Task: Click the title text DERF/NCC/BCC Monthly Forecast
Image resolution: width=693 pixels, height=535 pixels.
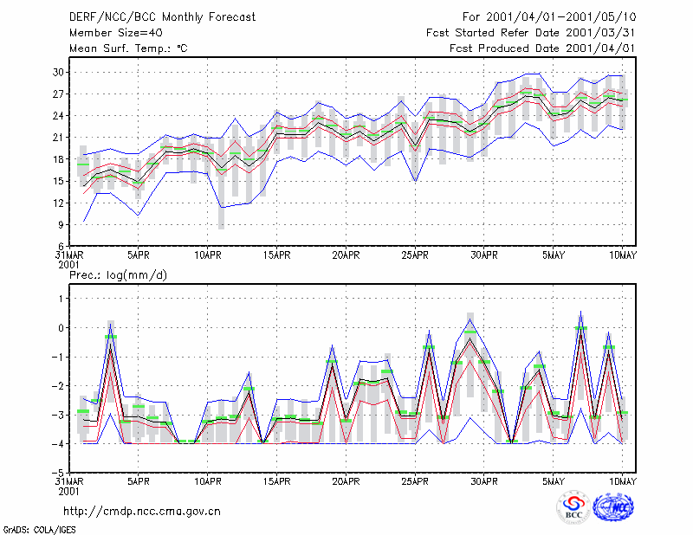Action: point(162,17)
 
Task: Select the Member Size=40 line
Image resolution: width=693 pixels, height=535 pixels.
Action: point(116,33)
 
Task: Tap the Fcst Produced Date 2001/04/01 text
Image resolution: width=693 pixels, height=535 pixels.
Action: point(542,48)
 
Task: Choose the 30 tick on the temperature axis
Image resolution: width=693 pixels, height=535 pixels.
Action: point(58,72)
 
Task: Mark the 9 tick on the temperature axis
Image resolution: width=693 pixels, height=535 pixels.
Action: point(61,224)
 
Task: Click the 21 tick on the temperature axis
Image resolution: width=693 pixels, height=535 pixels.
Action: point(58,138)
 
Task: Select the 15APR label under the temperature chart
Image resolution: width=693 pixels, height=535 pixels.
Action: point(276,255)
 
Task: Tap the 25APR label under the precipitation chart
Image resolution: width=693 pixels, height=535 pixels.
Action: point(415,481)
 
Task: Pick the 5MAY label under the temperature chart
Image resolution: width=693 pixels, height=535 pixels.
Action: point(554,255)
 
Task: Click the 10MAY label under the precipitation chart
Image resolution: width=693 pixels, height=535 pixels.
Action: point(622,481)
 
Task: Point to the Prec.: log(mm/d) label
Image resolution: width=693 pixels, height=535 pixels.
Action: point(119,275)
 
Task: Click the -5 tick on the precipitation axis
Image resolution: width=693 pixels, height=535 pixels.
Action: point(57,473)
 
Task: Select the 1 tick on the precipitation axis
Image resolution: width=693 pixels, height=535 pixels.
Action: point(62,299)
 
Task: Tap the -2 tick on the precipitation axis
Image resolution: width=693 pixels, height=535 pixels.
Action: point(57,386)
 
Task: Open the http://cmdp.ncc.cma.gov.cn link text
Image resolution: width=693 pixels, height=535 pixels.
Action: point(142,512)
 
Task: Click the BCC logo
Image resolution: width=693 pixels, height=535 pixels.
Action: point(573,508)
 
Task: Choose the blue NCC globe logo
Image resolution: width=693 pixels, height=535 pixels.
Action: point(613,507)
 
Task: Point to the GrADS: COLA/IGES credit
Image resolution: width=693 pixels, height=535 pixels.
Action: point(40,530)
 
